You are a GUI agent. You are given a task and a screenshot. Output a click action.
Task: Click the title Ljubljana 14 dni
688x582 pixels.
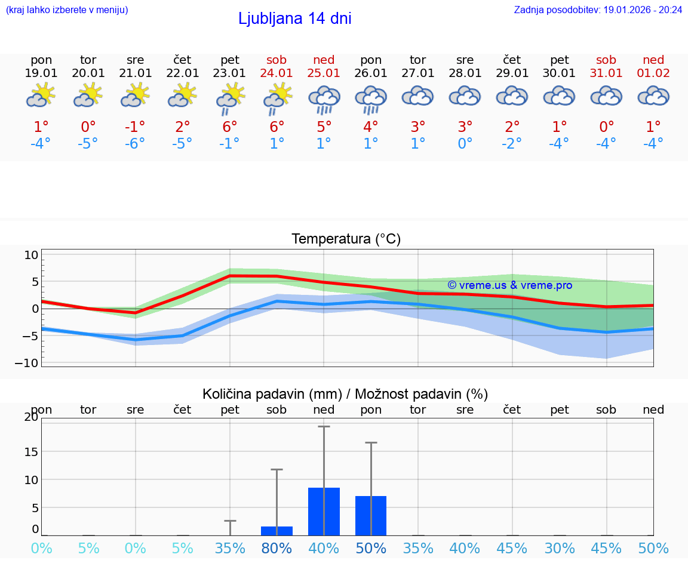pos(294,19)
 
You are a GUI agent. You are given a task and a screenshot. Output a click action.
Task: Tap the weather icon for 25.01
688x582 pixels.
pos(324,99)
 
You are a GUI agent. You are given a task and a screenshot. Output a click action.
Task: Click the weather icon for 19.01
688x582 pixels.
pos(41,95)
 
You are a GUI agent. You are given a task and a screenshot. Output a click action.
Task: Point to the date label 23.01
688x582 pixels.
pos(230,73)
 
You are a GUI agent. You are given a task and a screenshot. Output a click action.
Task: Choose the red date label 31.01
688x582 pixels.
pos(606,73)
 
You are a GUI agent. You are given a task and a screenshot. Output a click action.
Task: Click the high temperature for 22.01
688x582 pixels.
pos(183,127)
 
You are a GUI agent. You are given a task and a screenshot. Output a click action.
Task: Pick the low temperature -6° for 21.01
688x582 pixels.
pos(136,144)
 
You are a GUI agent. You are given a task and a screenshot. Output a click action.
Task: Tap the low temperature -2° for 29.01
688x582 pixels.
pos(512,144)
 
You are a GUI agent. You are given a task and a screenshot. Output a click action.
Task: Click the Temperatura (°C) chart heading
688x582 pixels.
pos(346,239)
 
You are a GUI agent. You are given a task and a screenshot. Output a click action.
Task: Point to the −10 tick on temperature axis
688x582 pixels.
pos(30,363)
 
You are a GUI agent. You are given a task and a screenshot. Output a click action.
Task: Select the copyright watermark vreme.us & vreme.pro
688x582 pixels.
pos(509,285)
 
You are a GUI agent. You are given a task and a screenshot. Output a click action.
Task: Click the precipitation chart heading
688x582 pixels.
pos(345,394)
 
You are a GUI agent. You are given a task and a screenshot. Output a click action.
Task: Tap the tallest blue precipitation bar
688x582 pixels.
pos(324,512)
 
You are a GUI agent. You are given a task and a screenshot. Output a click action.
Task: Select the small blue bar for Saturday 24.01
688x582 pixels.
pos(277,531)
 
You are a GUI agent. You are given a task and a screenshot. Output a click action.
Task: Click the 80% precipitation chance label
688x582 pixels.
pos(277,549)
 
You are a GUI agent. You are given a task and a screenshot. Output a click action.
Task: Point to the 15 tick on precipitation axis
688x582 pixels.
pos(31,451)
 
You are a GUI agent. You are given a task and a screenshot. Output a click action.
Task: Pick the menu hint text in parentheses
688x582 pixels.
pos(67,10)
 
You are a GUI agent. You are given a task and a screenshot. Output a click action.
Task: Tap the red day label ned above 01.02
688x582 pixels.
pos(653,60)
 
